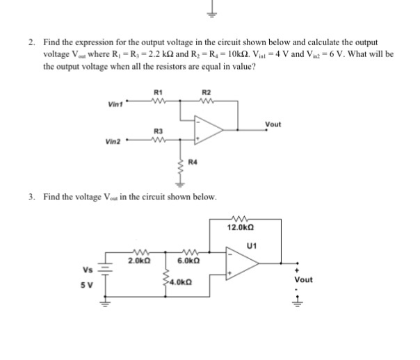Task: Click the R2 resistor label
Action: (205, 92)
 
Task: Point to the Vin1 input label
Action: (115, 105)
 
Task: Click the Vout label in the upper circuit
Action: (273, 124)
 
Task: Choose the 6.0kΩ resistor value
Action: (188, 261)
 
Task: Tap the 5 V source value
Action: (87, 284)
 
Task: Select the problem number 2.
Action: (32, 43)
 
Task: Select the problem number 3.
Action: (32, 197)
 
